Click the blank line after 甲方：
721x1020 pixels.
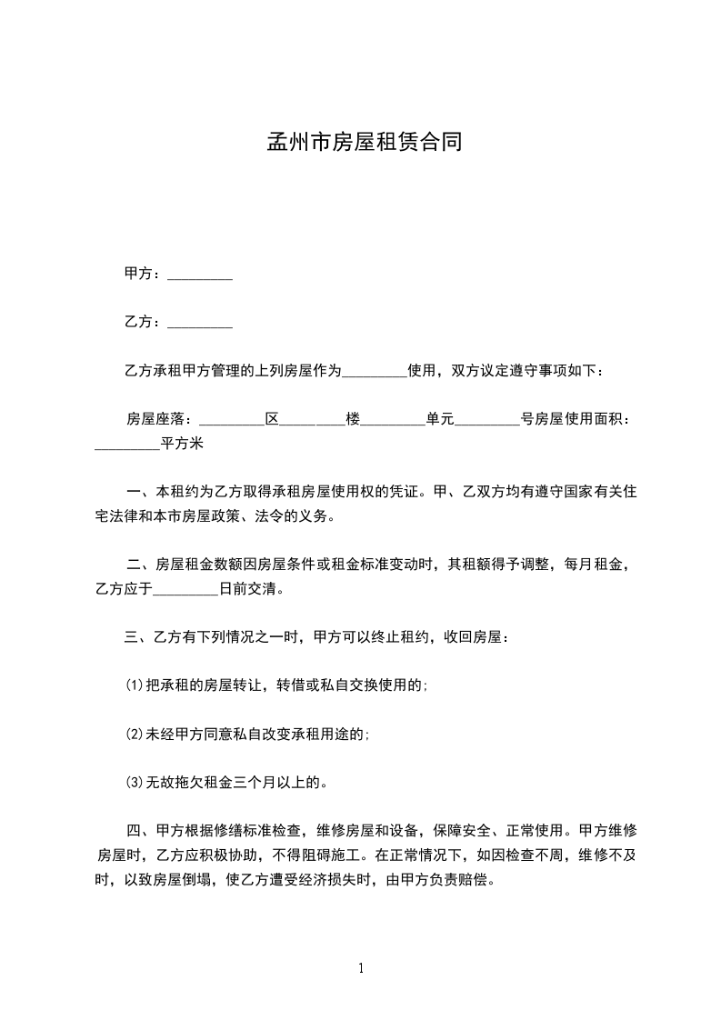click(200, 275)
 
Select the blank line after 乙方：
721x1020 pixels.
click(200, 323)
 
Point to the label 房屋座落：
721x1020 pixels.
click(160, 419)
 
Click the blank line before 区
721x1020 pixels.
click(230, 421)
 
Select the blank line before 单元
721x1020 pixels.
click(393, 421)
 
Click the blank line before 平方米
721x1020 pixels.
click(126, 445)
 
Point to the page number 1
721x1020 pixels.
click(361, 968)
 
